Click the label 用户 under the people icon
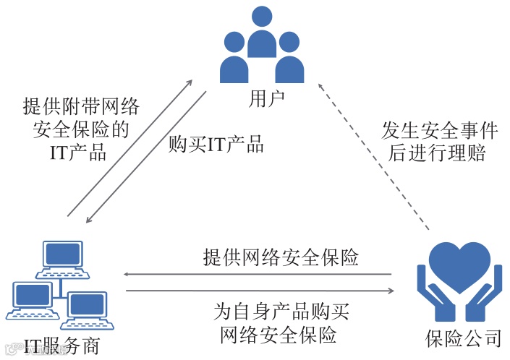coord(262,99)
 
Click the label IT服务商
coord(61,346)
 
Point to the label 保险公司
coord(463,338)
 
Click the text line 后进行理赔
coord(440,153)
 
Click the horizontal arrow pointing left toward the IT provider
coord(257,275)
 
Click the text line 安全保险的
coord(80,129)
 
